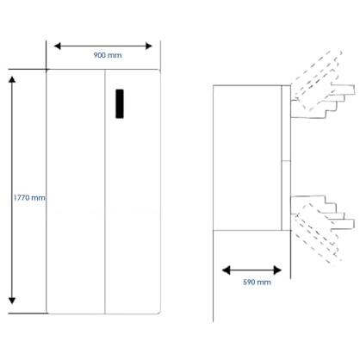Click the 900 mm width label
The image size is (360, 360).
click(108, 55)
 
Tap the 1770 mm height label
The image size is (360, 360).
click(29, 198)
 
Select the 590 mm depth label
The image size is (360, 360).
click(257, 282)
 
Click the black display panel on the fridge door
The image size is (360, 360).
click(120, 103)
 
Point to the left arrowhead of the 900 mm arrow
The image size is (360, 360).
click(58, 46)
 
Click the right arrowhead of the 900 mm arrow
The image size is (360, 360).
click(148, 46)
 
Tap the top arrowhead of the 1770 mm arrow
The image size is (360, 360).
click(12, 79)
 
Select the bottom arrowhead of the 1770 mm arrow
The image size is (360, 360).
click(12, 301)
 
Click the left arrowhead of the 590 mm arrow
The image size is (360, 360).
click(227, 270)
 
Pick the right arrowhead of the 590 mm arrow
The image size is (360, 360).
click(277, 270)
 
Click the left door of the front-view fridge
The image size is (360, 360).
click(75, 191)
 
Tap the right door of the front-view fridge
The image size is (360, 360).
click(133, 191)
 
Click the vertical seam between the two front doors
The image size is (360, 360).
click(105, 191)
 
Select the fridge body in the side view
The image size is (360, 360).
click(247, 158)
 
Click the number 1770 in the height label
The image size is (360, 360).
click(22, 198)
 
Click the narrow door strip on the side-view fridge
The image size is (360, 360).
click(286, 158)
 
